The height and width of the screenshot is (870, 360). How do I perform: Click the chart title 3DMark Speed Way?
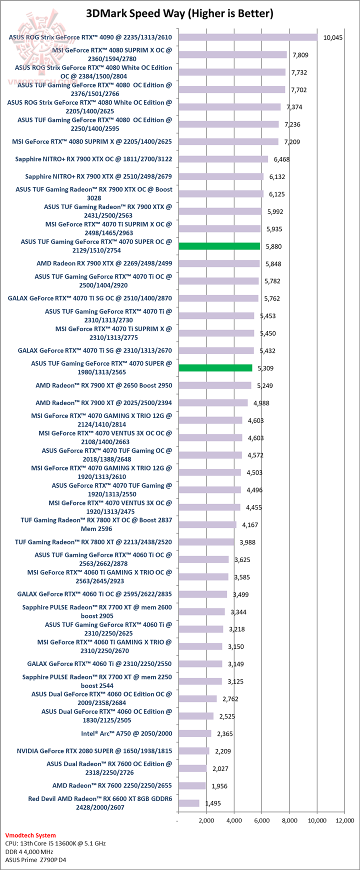tap(180, 13)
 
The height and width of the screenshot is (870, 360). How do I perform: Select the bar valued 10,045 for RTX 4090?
tap(248, 37)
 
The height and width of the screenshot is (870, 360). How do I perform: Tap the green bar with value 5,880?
tap(219, 246)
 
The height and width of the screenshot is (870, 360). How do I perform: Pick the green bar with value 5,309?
tap(215, 368)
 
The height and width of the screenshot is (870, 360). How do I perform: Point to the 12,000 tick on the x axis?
tap(344, 820)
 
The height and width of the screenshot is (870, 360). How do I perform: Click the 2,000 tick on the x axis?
tap(206, 820)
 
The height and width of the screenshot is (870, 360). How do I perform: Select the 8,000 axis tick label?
tap(289, 820)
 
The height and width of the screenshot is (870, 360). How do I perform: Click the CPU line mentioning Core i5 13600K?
tap(55, 843)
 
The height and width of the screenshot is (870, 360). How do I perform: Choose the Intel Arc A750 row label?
tap(126, 733)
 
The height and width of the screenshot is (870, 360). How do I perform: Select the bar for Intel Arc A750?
tap(194, 733)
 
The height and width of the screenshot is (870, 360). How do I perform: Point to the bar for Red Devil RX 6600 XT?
tap(188, 803)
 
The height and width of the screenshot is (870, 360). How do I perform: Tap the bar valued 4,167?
tap(207, 524)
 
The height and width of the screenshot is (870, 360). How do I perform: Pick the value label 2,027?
tap(219, 768)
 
